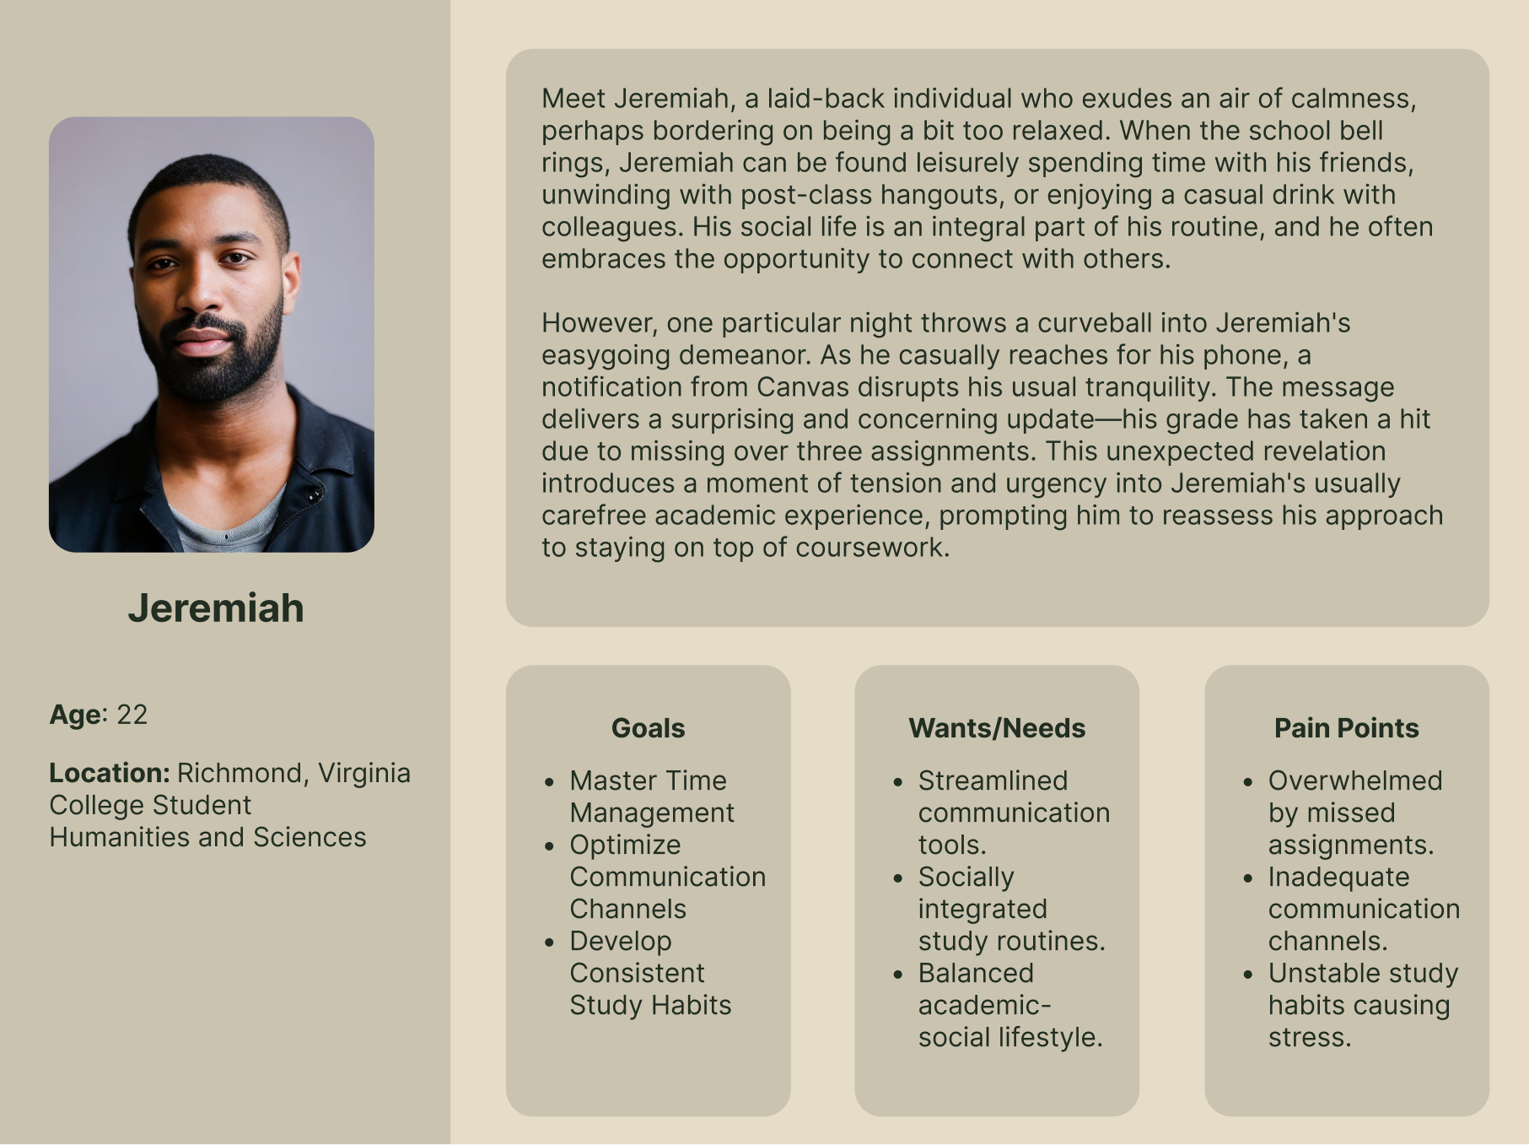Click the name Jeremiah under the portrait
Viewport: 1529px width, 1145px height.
coord(216,608)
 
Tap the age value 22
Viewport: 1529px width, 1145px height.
coord(132,715)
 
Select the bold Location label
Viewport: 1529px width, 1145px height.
coord(110,773)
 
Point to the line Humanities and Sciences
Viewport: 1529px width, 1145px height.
coord(207,837)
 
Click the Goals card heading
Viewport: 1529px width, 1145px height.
coord(648,728)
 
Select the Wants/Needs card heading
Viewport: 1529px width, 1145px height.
coord(997,728)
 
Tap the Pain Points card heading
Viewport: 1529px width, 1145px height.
coord(1346,728)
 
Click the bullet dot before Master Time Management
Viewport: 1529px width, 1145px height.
coord(550,782)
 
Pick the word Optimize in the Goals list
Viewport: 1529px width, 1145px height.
coord(625,845)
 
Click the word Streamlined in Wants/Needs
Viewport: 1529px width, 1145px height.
coord(993,780)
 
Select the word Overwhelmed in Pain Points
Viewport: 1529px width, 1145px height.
coord(1355,780)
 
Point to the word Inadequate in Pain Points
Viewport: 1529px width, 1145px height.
coord(1338,878)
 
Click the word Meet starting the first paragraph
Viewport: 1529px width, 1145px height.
coord(573,99)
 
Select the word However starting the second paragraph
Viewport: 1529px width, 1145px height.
coord(600,323)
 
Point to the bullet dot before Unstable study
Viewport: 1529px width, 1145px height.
coord(1248,975)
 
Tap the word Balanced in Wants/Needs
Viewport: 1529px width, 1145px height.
coord(976,973)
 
